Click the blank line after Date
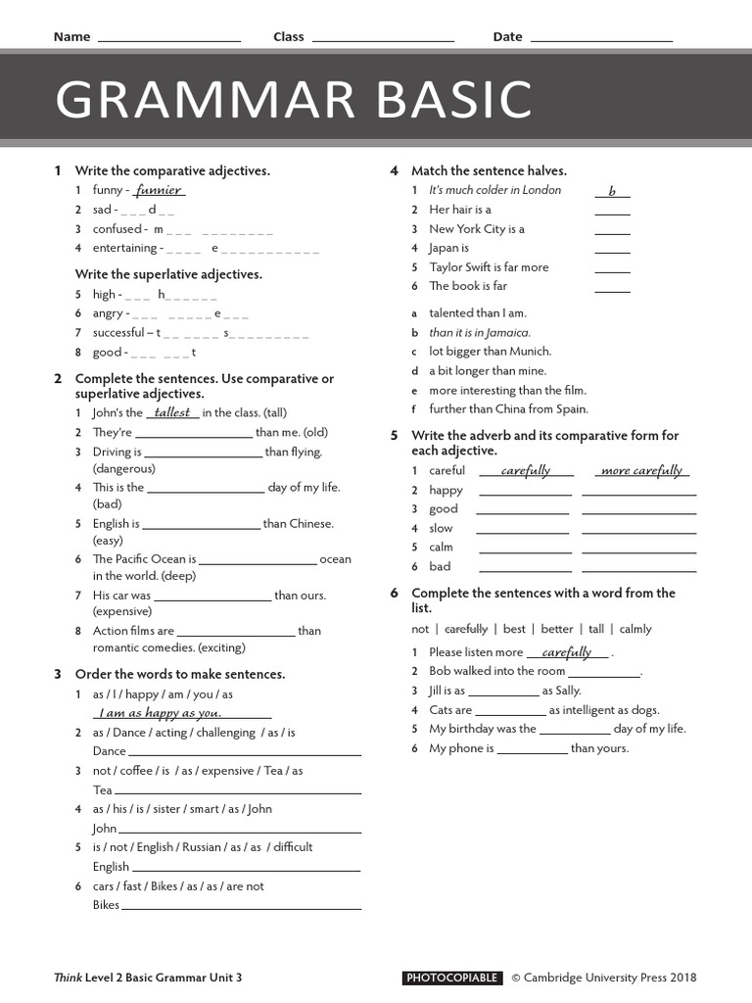pyautogui.click(x=601, y=39)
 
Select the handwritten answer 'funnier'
pyautogui.click(x=158, y=190)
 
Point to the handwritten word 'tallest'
pyautogui.click(x=172, y=412)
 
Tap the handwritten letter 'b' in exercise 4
pyautogui.click(x=612, y=192)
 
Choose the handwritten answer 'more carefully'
pyautogui.click(x=641, y=471)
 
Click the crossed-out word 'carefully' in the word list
pyautogui.click(x=465, y=629)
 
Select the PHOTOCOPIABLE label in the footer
pyautogui.click(x=452, y=978)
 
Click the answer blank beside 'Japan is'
pyautogui.click(x=612, y=251)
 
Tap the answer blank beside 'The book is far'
pyautogui.click(x=612, y=289)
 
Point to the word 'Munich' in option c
pyautogui.click(x=529, y=351)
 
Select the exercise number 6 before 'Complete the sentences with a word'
pyautogui.click(x=394, y=593)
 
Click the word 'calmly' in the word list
pyautogui.click(x=634, y=629)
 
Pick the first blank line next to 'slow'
pyautogui.click(x=524, y=532)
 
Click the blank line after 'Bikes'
pyautogui.click(x=241, y=908)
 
